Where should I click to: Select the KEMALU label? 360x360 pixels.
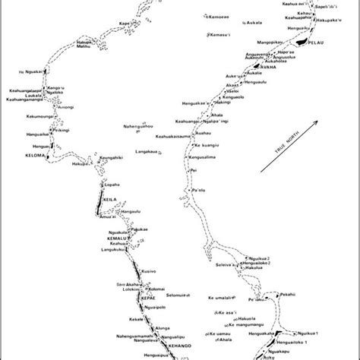[116, 238]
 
